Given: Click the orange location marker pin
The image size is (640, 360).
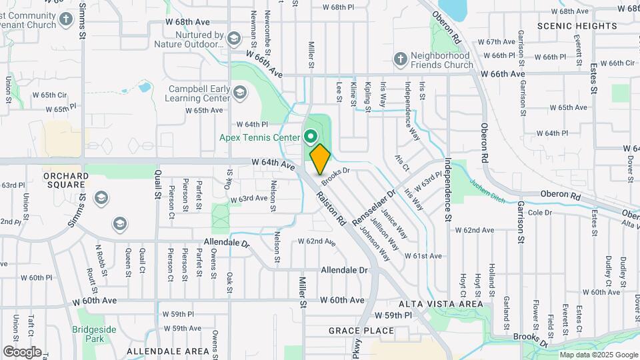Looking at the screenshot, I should [320, 159].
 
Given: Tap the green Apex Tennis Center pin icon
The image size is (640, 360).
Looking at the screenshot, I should [311, 138].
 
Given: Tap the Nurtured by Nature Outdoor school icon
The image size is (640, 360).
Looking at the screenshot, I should [233, 39].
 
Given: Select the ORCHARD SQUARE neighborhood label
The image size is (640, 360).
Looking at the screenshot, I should [66, 181].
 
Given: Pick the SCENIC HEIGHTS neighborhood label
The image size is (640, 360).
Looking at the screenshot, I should [577, 26].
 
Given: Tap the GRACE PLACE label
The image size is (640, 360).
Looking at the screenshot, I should [361, 331].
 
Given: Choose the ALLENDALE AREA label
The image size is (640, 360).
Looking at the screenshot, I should [168, 351].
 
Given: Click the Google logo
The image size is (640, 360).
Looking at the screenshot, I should [22, 351].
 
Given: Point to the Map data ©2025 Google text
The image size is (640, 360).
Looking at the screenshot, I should [599, 355].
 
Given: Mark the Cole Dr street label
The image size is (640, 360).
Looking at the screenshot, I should [539, 213].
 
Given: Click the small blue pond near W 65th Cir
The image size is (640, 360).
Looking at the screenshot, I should [144, 87].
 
